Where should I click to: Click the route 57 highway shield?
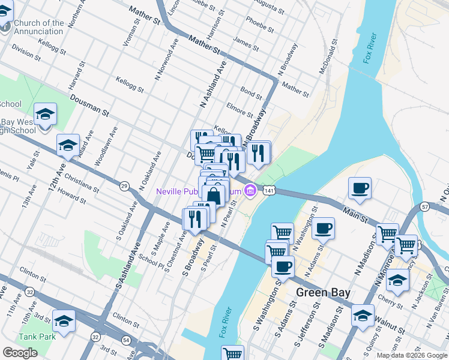pyautogui.click(x=425, y=206)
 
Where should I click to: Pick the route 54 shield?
pyautogui.click(x=126, y=340)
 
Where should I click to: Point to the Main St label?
pyautogui.click(x=355, y=214)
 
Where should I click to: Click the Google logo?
pyautogui.click(x=20, y=353)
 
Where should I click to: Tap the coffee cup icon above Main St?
pyautogui.click(x=360, y=188)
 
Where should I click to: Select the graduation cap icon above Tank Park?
pyautogui.click(x=64, y=320)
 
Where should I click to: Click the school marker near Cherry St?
pyautogui.click(x=397, y=280)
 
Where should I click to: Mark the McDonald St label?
pyautogui.click(x=327, y=56)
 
